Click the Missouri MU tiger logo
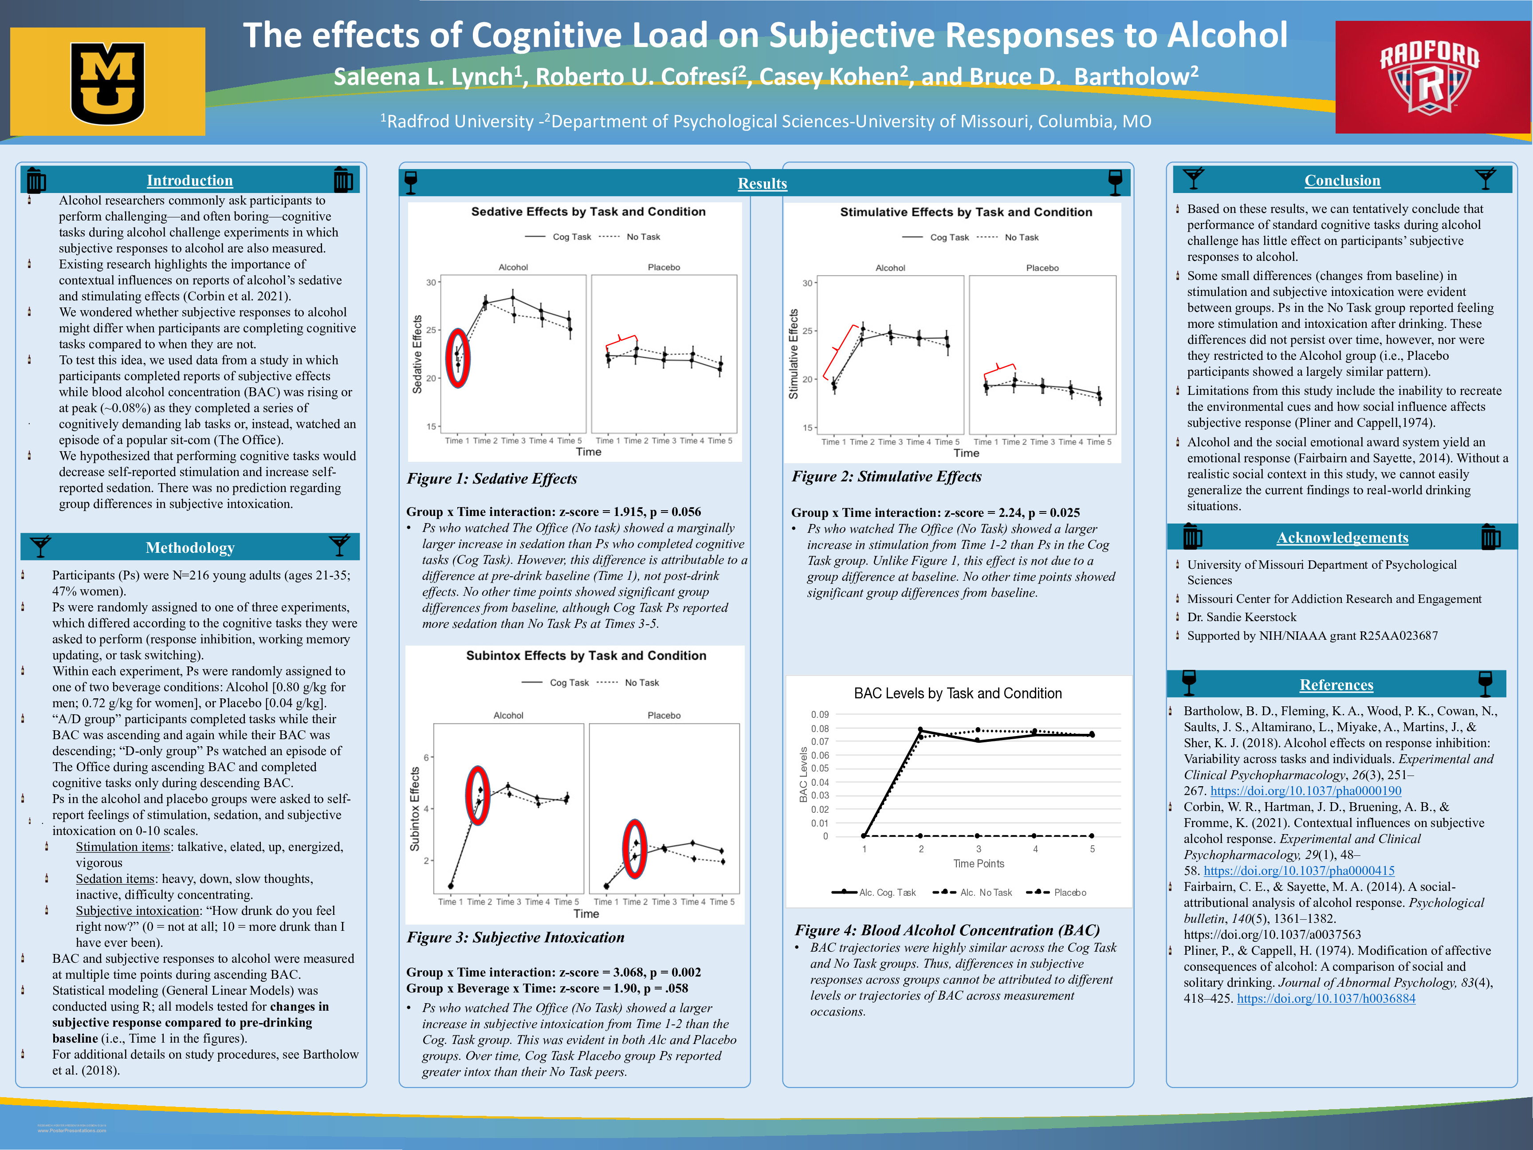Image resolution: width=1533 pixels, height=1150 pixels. click(x=107, y=82)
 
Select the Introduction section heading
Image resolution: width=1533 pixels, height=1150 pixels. click(x=189, y=180)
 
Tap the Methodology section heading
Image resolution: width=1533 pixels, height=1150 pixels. click(x=190, y=547)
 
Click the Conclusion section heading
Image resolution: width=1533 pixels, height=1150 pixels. click(x=1342, y=180)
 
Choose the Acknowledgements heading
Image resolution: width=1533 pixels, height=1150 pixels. click(x=1342, y=537)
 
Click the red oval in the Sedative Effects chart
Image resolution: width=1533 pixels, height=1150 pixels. click(x=457, y=358)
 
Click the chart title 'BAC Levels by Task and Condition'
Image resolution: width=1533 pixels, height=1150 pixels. click(x=957, y=693)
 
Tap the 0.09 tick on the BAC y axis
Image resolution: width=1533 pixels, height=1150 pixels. click(x=820, y=715)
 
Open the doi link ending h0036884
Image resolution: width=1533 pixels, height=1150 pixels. click(x=1326, y=998)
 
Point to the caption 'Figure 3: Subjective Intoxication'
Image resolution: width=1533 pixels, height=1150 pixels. click(x=515, y=937)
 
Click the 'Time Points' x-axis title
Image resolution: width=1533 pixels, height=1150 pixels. click(x=978, y=864)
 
